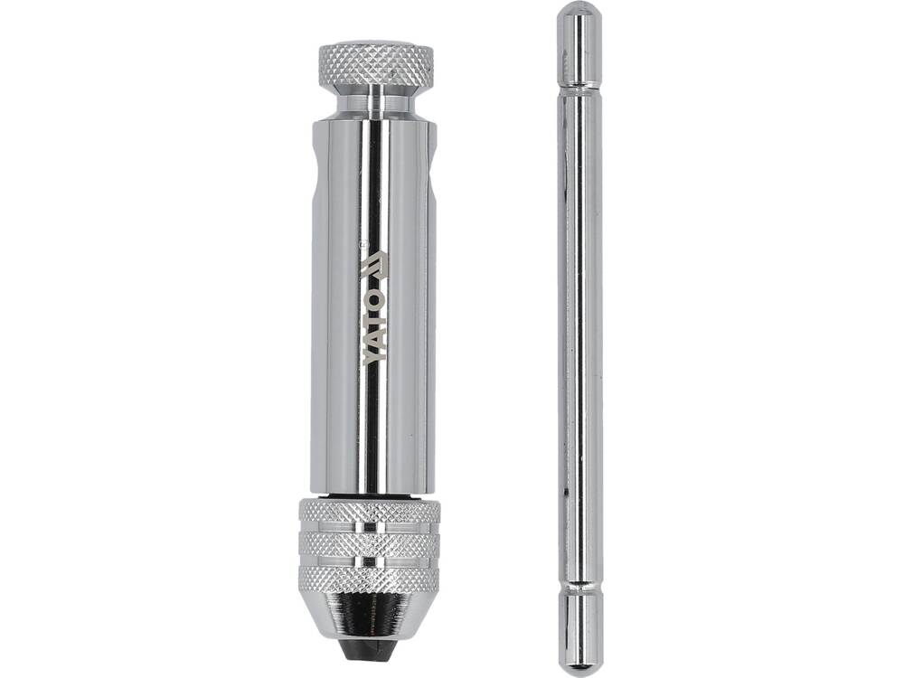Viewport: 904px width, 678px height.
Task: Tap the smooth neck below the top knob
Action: [x=375, y=101]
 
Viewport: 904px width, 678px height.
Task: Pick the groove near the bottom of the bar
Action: [x=579, y=588]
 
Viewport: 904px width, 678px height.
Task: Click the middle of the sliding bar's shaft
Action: [x=579, y=334]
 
